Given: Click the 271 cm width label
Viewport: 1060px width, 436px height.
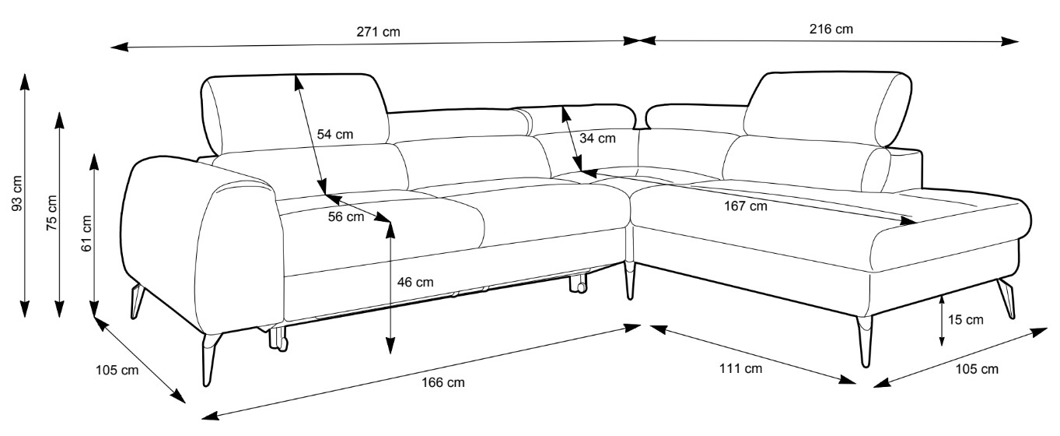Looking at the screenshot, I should pyautogui.click(x=380, y=32).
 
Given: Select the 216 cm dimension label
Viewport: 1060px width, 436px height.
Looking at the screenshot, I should pyautogui.click(x=831, y=30).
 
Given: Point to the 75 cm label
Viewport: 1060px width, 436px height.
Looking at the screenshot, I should pyautogui.click(x=51, y=210).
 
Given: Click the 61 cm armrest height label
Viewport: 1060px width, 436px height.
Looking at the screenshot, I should pyautogui.click(x=86, y=233).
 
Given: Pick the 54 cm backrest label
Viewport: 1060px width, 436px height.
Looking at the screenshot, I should pyautogui.click(x=335, y=134).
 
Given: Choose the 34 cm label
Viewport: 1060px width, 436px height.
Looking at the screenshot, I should pyautogui.click(x=597, y=139).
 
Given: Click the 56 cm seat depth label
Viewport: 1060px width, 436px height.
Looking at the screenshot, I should pyautogui.click(x=345, y=217).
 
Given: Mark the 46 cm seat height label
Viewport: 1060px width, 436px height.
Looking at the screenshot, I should pyautogui.click(x=415, y=282).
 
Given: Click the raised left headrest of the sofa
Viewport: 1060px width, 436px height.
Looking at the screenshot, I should pyautogui.click(x=296, y=113).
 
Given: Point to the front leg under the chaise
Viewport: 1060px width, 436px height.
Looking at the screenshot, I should pyautogui.click(x=866, y=341).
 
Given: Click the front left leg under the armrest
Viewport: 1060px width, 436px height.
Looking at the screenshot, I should pyautogui.click(x=208, y=358).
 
